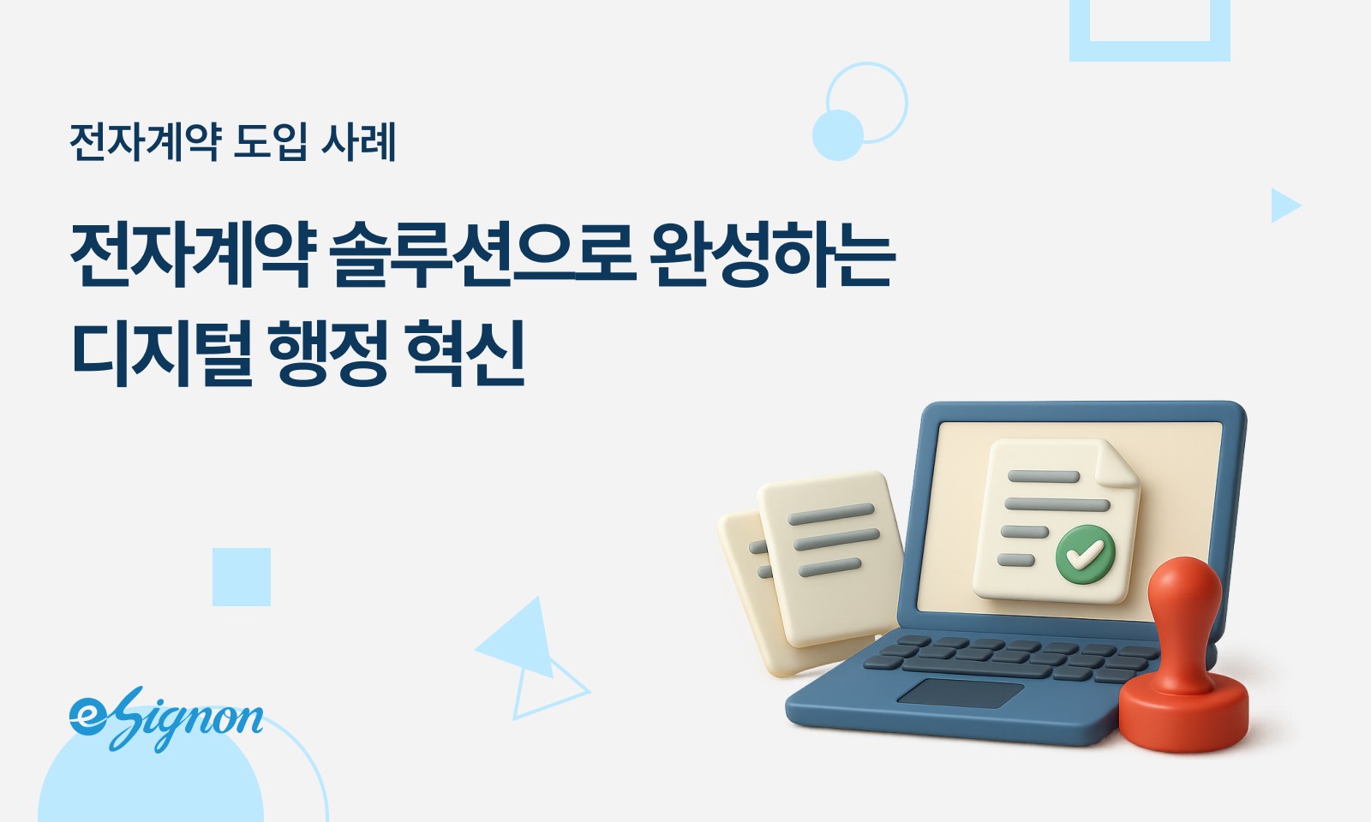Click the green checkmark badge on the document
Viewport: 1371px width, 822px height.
pos(1085,554)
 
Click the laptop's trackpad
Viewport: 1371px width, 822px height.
pos(961,693)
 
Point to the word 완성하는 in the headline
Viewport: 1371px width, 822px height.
pos(772,254)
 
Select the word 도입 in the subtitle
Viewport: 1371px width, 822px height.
pos(270,141)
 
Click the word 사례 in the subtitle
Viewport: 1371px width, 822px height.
pos(358,141)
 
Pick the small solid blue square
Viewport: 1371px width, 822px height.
pos(242,577)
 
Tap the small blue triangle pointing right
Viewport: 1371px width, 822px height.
pos(1284,205)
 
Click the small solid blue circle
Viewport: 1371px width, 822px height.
pos(837,135)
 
